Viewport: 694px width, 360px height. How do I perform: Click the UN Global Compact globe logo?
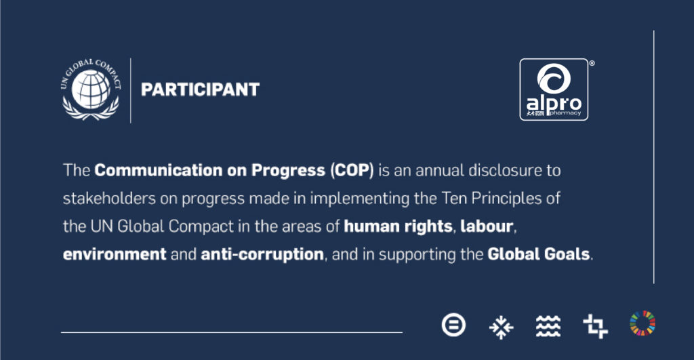[x=91, y=89]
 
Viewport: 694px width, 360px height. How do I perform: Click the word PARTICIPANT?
[x=200, y=90]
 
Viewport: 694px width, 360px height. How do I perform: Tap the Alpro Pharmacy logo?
[x=554, y=89]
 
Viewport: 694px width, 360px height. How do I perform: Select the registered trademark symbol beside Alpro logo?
[x=592, y=63]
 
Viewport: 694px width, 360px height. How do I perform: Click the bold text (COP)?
[x=352, y=170]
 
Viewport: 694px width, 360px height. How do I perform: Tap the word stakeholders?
[x=109, y=199]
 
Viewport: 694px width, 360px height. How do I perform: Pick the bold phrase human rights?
[x=398, y=226]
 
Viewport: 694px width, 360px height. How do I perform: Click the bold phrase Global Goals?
[x=539, y=254]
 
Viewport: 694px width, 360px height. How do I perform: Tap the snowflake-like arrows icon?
[x=501, y=327]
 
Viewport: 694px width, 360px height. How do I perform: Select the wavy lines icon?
[x=548, y=326]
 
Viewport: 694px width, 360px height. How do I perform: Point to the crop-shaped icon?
[x=595, y=326]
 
